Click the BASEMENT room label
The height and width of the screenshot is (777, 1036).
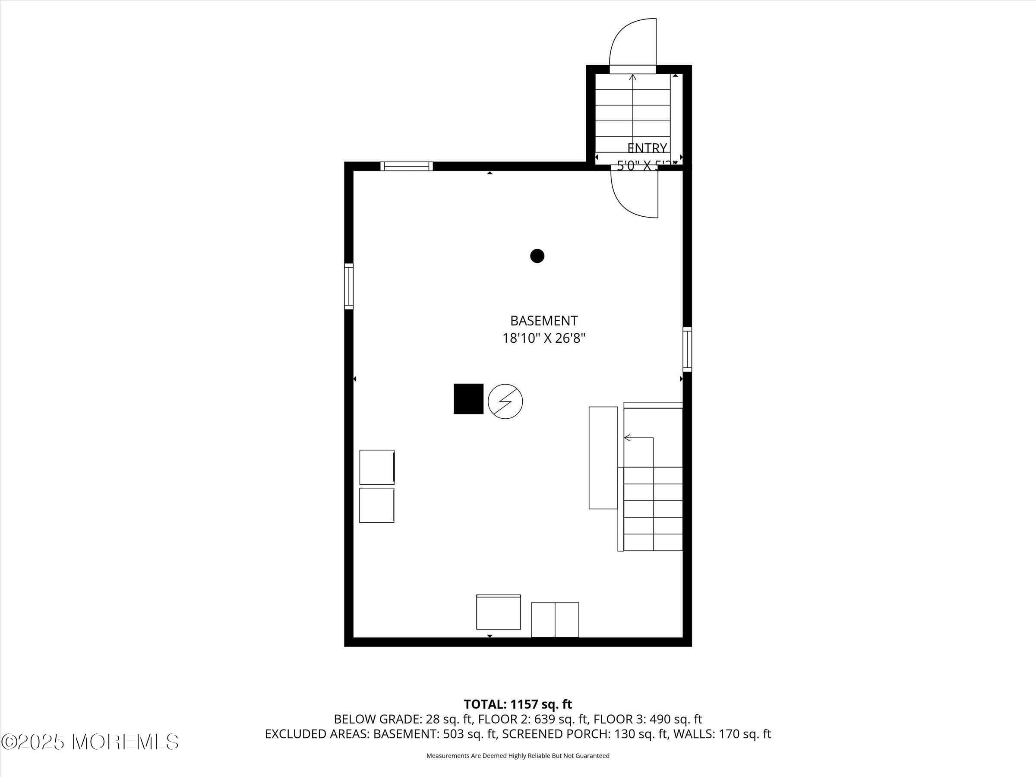543,321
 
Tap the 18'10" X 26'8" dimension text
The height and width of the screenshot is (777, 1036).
543,338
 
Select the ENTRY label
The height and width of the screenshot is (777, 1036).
647,148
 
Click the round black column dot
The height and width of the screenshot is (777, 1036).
537,256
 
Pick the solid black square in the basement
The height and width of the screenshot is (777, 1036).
468,398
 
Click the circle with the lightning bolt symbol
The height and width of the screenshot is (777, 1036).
505,401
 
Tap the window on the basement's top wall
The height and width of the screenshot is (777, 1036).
406,166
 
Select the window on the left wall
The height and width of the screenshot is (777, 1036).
348,286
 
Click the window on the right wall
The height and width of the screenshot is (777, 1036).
687,349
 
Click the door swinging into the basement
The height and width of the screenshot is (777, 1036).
635,193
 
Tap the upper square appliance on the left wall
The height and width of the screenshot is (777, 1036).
376,467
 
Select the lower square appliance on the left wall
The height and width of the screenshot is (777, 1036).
376,505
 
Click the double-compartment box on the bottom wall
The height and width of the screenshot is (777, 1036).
555,619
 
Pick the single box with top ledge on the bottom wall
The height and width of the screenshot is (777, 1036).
498,612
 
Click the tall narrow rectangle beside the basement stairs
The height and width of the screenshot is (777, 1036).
603,458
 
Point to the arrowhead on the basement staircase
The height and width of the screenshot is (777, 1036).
627,438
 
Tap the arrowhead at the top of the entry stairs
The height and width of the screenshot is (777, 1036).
632,77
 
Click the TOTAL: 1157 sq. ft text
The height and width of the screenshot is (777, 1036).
518,704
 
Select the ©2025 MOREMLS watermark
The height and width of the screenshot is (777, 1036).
90,742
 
